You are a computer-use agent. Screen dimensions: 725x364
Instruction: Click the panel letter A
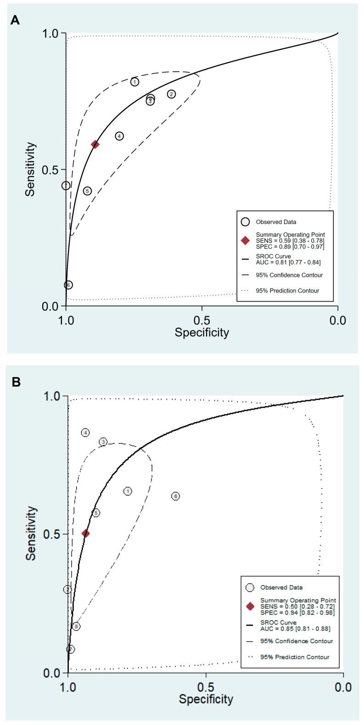15,21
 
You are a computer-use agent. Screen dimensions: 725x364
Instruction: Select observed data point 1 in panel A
134,82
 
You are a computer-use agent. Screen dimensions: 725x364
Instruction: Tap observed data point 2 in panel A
171,94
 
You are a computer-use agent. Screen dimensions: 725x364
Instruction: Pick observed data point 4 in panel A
119,136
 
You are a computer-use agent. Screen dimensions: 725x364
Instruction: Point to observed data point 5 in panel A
87,191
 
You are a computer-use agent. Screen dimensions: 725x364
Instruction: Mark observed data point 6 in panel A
68,285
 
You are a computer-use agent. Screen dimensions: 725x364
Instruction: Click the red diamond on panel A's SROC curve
95,144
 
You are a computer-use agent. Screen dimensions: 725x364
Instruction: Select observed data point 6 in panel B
175,496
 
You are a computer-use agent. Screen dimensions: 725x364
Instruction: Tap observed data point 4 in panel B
85,433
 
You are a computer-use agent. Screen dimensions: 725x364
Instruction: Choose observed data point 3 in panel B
103,442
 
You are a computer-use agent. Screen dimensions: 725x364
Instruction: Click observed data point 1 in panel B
128,491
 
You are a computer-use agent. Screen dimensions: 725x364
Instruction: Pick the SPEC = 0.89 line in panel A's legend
290,247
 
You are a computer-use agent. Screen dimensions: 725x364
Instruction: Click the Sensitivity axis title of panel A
30,169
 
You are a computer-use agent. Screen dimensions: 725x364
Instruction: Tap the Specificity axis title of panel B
206,699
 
